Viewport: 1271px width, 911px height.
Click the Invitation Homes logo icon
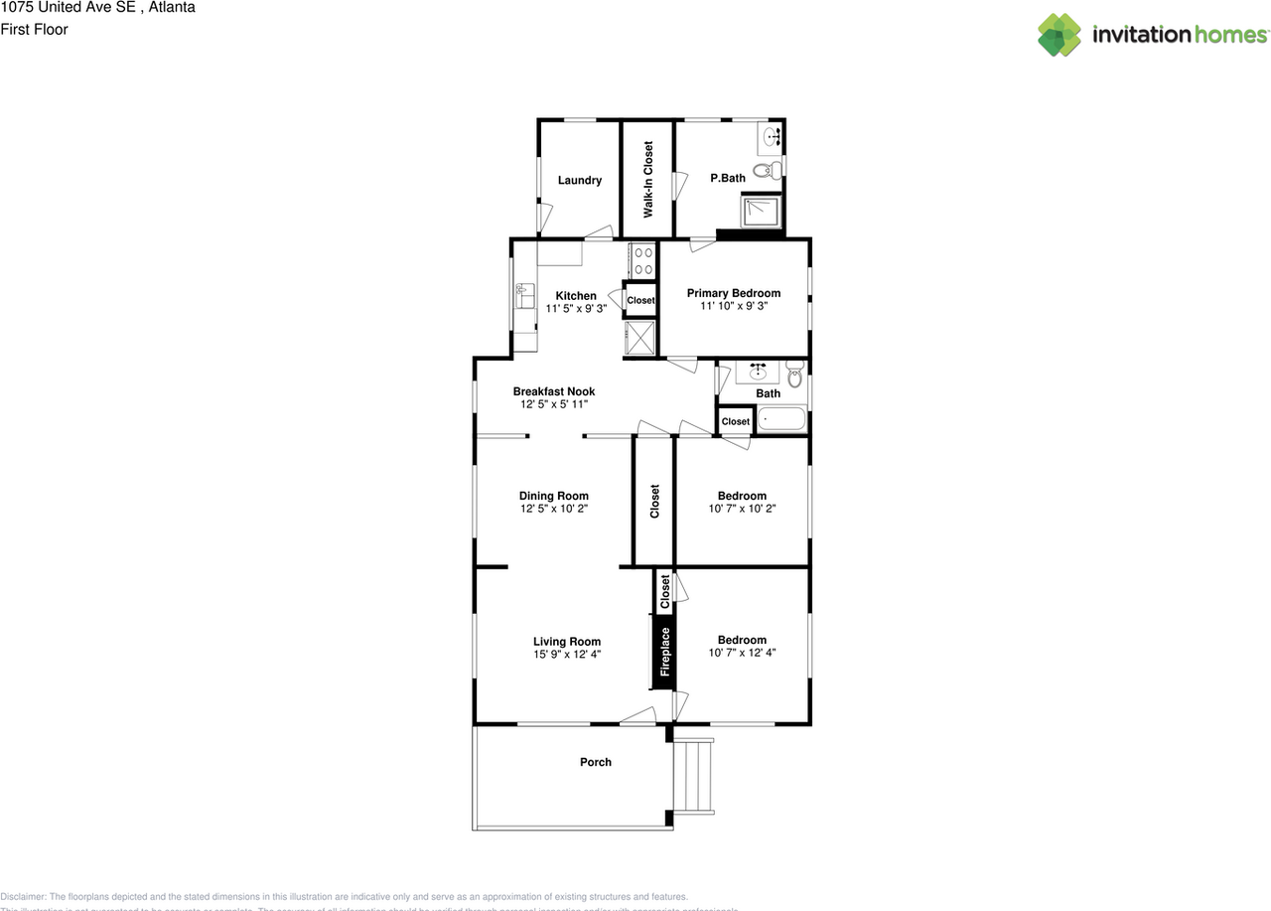pos(1059,35)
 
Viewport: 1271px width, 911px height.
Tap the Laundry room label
pos(579,181)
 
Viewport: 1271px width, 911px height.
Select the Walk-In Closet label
pos(648,180)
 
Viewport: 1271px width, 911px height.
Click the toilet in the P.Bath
pos(764,171)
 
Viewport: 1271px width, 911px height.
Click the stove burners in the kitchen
pos(642,260)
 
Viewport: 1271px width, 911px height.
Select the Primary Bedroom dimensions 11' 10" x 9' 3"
pos(734,307)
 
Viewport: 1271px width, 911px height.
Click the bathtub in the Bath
pos(780,420)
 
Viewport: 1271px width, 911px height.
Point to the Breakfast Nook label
pos(554,391)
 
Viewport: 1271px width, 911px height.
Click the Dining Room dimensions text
pos(553,509)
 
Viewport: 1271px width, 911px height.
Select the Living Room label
pos(567,642)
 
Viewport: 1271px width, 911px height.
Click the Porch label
pos(596,762)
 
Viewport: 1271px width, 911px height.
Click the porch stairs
pos(693,776)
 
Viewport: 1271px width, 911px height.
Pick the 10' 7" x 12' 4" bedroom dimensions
pos(742,654)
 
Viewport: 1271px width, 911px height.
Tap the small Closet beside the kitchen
pos(640,300)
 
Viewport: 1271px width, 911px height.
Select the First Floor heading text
pos(34,30)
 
